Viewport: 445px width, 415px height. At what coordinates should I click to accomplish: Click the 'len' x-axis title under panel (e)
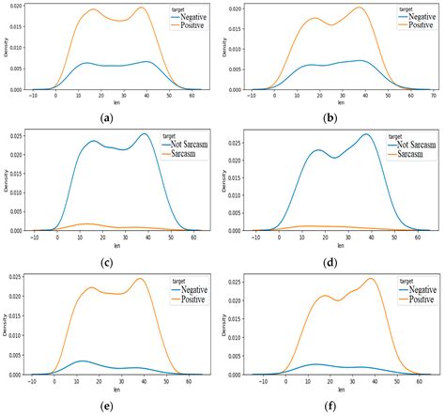tap(115, 389)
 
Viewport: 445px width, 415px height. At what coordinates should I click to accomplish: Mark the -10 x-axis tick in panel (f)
tap(254, 381)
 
